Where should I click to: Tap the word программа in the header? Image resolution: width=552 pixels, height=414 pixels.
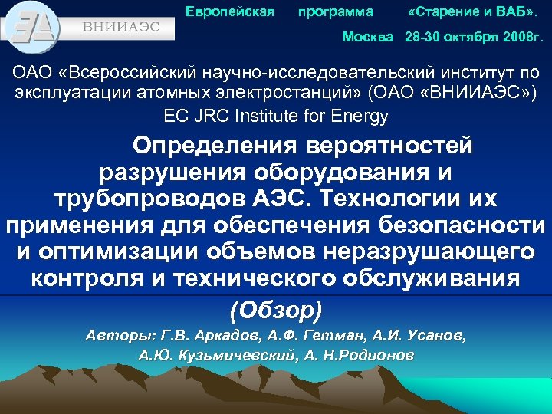[x=336, y=11]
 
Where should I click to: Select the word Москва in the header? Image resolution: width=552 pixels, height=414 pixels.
[x=367, y=36]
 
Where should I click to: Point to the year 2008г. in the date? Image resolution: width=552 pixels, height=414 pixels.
[x=523, y=36]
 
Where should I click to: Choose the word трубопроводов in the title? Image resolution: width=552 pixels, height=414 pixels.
[x=149, y=199]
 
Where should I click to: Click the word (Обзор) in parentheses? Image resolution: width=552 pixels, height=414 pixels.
[x=276, y=309]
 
